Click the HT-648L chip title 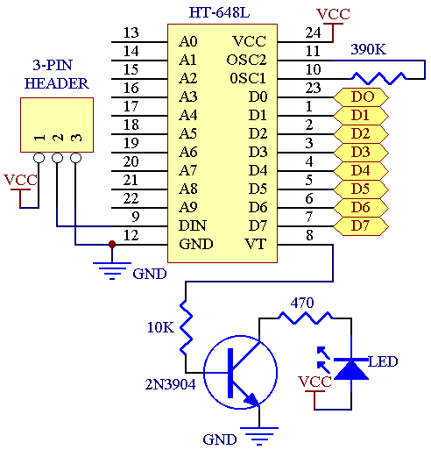[219, 12]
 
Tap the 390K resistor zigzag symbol [378, 78]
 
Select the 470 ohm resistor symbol [305, 318]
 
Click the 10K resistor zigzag [186, 327]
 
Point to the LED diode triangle [350, 369]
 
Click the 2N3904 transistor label [170, 384]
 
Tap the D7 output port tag [361, 226]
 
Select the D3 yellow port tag [361, 153]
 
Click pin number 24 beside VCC [313, 32]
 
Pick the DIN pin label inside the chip [193, 225]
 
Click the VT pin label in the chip [256, 244]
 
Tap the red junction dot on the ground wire [112, 244]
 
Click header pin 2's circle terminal [57, 158]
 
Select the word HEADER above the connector [57, 83]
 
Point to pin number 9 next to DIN [136, 217]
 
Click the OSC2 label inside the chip [246, 60]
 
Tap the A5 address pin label [188, 133]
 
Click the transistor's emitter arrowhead [253, 400]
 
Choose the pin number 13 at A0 [131, 32]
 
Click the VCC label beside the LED [314, 382]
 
